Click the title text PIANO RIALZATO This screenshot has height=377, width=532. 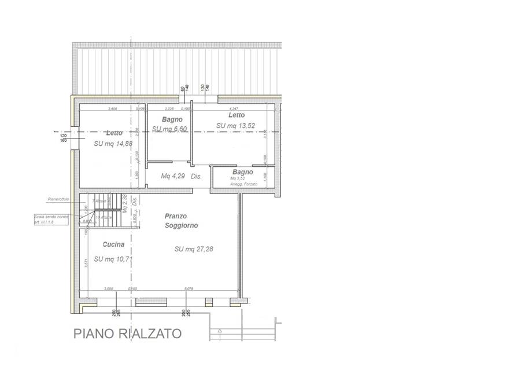coord(127,334)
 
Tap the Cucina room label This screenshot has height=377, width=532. coord(113,244)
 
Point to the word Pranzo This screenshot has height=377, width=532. coord(175,216)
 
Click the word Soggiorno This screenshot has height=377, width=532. coord(181,225)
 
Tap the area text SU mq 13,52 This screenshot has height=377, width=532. coord(235,125)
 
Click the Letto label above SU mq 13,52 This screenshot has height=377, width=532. coord(237,115)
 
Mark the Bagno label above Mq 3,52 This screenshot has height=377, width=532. coord(243,172)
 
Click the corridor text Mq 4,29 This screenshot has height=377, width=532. coord(173,175)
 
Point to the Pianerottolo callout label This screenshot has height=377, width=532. coord(58,199)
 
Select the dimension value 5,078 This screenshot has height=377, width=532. coord(189,288)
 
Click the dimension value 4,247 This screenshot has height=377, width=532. coord(234,108)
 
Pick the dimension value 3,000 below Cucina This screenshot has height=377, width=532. coord(108,288)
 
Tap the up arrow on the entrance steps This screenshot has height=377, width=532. coord(220,331)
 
